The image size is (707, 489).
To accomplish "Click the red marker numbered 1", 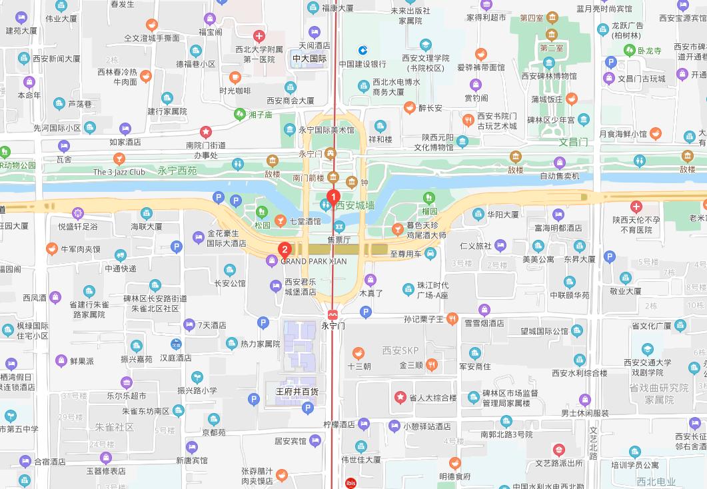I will point(331,198).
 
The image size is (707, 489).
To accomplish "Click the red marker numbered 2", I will point(285,250).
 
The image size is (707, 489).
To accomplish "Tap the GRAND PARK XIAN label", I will point(313,261).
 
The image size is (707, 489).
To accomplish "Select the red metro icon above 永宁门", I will point(332,314).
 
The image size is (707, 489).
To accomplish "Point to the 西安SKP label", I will point(400,350).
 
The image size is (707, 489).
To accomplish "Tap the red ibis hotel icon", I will point(351,483).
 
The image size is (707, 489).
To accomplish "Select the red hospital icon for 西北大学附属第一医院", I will point(259,36).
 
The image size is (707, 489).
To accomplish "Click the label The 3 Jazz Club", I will point(119,172).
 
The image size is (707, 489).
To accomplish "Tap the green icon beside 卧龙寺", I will point(629,51).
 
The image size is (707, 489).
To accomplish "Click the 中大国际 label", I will point(309,59).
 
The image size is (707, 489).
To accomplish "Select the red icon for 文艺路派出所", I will point(558,450).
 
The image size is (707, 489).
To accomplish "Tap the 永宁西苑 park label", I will point(177,171).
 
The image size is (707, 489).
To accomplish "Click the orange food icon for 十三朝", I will point(358,354).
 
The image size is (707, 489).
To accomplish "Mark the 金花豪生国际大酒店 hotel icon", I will point(198,237).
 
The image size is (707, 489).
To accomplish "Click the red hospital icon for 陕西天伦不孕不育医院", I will point(636,207).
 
